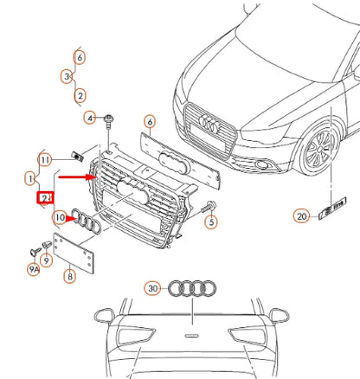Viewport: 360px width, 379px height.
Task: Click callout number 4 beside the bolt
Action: click(x=89, y=117)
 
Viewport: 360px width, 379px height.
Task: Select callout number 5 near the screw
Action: click(x=209, y=222)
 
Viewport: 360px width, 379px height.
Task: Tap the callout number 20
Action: click(x=300, y=216)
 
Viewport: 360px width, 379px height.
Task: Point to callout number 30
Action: click(x=152, y=287)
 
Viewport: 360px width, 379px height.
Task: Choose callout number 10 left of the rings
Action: click(x=59, y=217)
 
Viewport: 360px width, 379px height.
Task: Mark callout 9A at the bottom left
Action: click(x=33, y=270)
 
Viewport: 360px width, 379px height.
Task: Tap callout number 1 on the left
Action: click(x=30, y=179)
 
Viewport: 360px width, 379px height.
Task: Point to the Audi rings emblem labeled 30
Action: click(x=189, y=288)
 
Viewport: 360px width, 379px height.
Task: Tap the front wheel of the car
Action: click(x=316, y=150)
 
